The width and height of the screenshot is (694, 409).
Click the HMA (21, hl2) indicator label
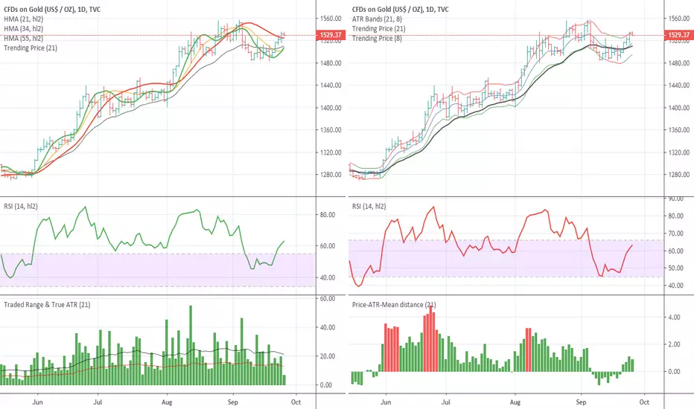pos(24,19)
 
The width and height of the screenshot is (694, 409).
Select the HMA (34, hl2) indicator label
pos(24,29)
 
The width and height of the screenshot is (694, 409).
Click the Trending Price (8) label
pos(377,39)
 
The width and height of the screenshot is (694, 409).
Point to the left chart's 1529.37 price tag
pos(331,35)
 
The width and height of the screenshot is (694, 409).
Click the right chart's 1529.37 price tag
pos(679,35)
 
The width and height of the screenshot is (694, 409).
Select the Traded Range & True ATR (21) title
pos(47,305)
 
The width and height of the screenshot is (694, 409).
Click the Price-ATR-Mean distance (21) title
pos(394,305)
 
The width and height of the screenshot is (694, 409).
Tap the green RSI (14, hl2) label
pos(21,207)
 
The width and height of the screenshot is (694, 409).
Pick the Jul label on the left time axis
pos(98,402)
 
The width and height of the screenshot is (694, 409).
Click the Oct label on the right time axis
pos(644,402)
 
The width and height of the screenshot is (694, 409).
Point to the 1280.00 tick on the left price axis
pos(331,175)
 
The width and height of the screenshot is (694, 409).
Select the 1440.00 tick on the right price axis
pos(679,86)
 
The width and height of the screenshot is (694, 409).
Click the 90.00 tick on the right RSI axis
pos(676,199)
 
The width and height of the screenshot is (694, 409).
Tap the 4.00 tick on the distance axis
pos(674,318)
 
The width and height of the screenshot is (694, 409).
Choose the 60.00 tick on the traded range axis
pos(328,299)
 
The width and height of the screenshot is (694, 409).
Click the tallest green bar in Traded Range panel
pos(191,345)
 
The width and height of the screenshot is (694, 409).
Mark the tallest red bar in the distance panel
pos(430,338)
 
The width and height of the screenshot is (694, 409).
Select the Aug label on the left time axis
pos(167,402)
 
